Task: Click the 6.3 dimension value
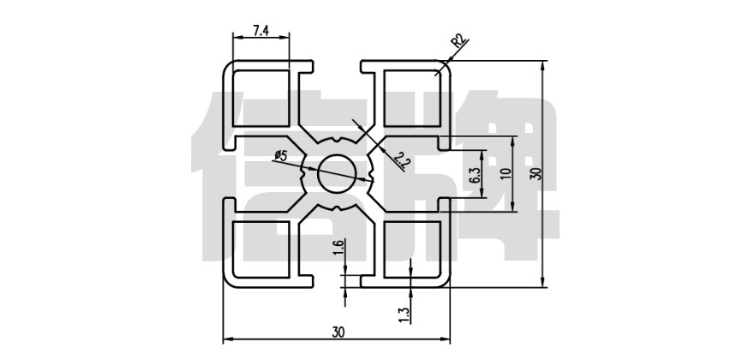pyautogui.click(x=474, y=176)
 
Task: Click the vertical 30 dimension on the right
pyautogui.click(x=536, y=173)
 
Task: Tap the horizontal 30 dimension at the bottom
pyautogui.click(x=337, y=331)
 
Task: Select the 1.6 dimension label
pyautogui.click(x=338, y=248)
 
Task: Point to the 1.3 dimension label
pyautogui.click(x=404, y=315)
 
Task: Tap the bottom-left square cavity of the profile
pyautogui.click(x=260, y=249)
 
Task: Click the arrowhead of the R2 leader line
pyautogui.click(x=444, y=67)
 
